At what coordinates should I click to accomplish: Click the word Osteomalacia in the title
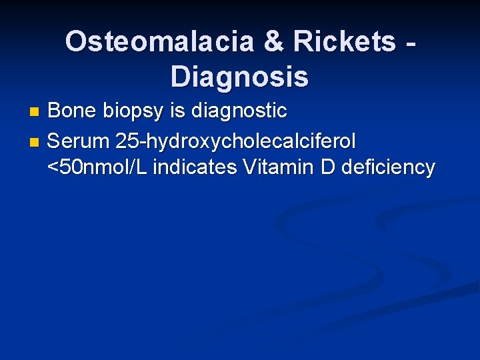159,42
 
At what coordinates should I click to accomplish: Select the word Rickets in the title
347,42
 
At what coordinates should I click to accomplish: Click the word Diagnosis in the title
239,77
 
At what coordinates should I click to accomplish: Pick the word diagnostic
239,111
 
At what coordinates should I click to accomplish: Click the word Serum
78,141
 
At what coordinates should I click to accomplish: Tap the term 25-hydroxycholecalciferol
235,142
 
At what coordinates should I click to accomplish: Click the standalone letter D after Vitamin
327,167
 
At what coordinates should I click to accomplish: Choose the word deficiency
387,168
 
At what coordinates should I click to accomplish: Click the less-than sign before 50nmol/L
53,167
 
